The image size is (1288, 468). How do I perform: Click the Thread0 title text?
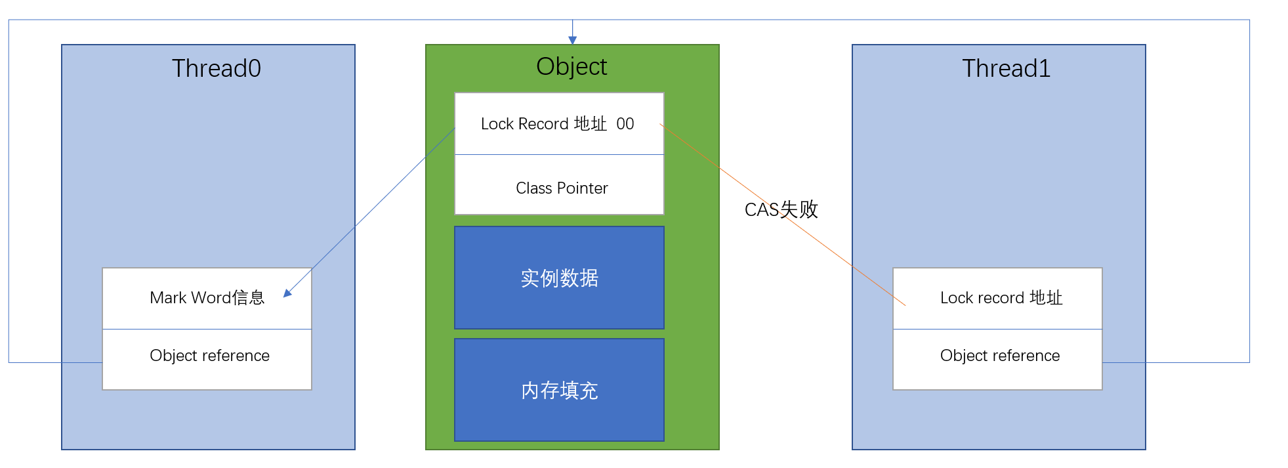[x=217, y=68]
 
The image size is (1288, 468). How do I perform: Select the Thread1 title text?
[x=1006, y=68]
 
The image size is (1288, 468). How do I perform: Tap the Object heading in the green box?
[x=571, y=66]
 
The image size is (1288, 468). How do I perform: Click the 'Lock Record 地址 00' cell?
[x=559, y=123]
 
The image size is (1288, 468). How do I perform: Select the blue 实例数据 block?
[x=559, y=278]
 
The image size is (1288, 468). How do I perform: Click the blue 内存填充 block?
[x=559, y=390]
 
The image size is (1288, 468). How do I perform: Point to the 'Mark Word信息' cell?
[x=207, y=298]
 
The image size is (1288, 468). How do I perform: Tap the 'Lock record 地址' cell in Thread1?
[x=997, y=298]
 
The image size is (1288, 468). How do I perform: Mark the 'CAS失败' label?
[x=781, y=209]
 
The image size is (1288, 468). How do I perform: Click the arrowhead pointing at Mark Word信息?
[x=287, y=293]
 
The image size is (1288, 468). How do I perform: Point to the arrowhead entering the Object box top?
[x=572, y=40]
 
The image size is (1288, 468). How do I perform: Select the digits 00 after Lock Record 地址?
[x=625, y=124]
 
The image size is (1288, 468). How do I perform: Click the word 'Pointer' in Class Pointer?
[x=583, y=188]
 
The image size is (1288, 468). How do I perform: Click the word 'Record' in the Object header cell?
[x=543, y=124]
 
